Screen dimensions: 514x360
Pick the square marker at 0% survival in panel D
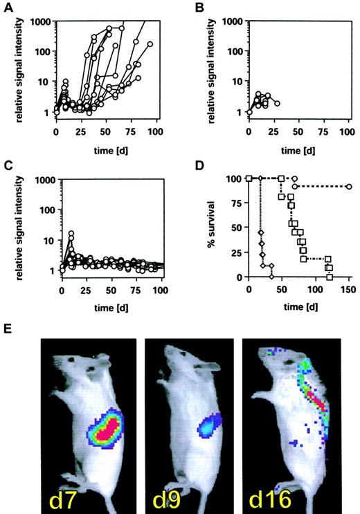click(330, 276)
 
